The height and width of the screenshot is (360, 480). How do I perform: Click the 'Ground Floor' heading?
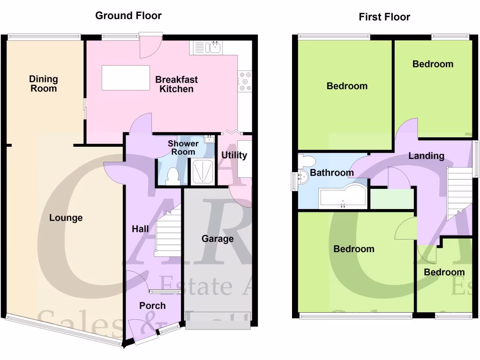[128, 15]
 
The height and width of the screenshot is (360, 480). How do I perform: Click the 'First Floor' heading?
[384, 17]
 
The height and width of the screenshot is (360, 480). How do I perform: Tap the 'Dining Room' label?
[44, 83]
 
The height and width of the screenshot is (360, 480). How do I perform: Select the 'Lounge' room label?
[66, 217]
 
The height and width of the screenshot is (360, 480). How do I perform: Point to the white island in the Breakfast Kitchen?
[126, 78]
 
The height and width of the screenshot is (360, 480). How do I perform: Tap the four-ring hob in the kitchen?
[245, 81]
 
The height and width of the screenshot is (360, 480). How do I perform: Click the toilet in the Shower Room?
[172, 176]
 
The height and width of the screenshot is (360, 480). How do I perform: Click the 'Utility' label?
[234, 155]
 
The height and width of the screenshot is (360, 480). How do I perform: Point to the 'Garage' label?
[217, 239]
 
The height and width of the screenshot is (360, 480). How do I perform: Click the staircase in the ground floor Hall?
[168, 232]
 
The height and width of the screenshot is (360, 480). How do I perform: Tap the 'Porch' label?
[152, 306]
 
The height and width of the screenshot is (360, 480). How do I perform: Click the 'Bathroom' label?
[332, 173]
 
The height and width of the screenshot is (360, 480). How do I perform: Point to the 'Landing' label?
[426, 156]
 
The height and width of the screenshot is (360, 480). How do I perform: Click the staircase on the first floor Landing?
[459, 192]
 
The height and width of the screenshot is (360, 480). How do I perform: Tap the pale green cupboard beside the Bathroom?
[392, 199]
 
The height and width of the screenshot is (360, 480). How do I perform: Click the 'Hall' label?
[140, 229]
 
